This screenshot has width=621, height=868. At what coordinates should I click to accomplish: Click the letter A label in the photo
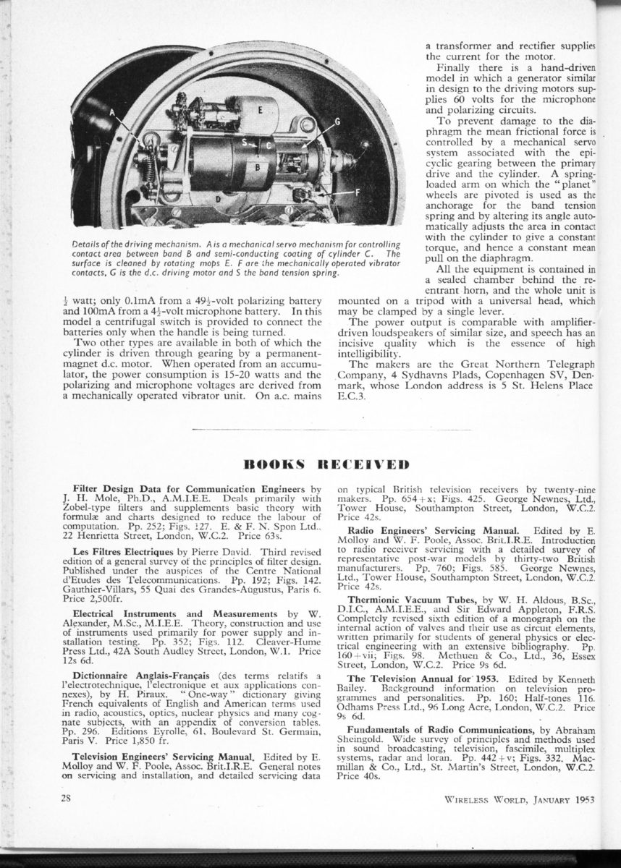pyautogui.click(x=113, y=112)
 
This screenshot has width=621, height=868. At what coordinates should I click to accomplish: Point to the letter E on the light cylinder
pyautogui.click(x=259, y=110)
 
